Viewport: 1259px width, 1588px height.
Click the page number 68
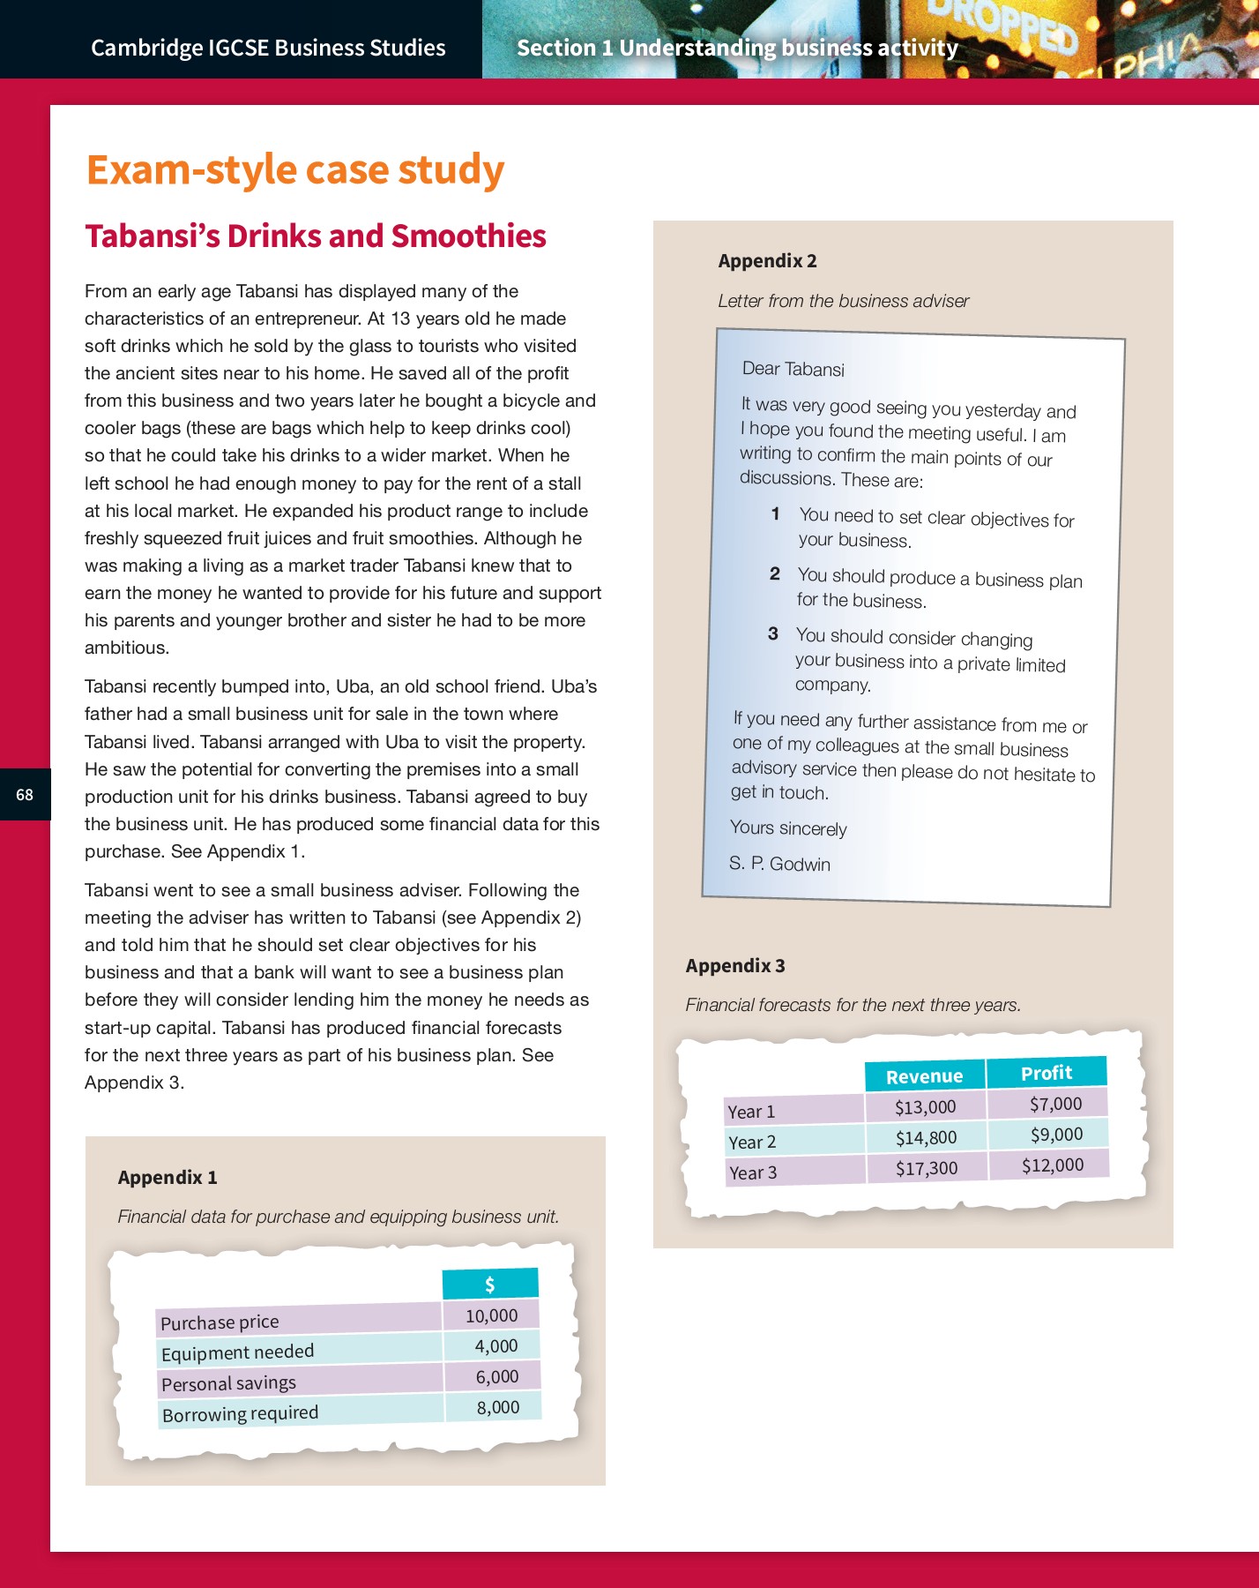point(25,795)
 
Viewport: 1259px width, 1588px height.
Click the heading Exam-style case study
point(294,169)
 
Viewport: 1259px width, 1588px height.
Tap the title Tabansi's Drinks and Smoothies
point(315,236)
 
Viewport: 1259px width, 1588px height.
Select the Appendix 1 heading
point(167,1177)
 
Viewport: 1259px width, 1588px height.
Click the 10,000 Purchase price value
point(491,1315)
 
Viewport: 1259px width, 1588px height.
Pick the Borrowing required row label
point(240,1413)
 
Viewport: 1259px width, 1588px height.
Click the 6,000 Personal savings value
point(496,1376)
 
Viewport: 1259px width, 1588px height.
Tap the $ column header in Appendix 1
point(489,1285)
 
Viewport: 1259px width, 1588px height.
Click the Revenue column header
point(924,1076)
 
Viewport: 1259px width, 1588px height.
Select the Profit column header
point(1046,1073)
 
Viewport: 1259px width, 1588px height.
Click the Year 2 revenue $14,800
point(926,1138)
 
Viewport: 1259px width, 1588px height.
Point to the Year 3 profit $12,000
point(1052,1165)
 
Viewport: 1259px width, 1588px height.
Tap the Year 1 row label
point(751,1112)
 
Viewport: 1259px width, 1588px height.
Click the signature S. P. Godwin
point(779,864)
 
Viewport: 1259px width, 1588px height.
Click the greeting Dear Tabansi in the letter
point(793,369)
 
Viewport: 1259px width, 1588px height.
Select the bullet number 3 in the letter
point(772,633)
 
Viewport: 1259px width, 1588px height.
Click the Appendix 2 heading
point(767,261)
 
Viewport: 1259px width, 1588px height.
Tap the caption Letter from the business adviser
point(843,301)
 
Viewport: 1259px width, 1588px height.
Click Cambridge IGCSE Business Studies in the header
point(268,48)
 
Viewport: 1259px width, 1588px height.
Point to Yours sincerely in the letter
point(788,828)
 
